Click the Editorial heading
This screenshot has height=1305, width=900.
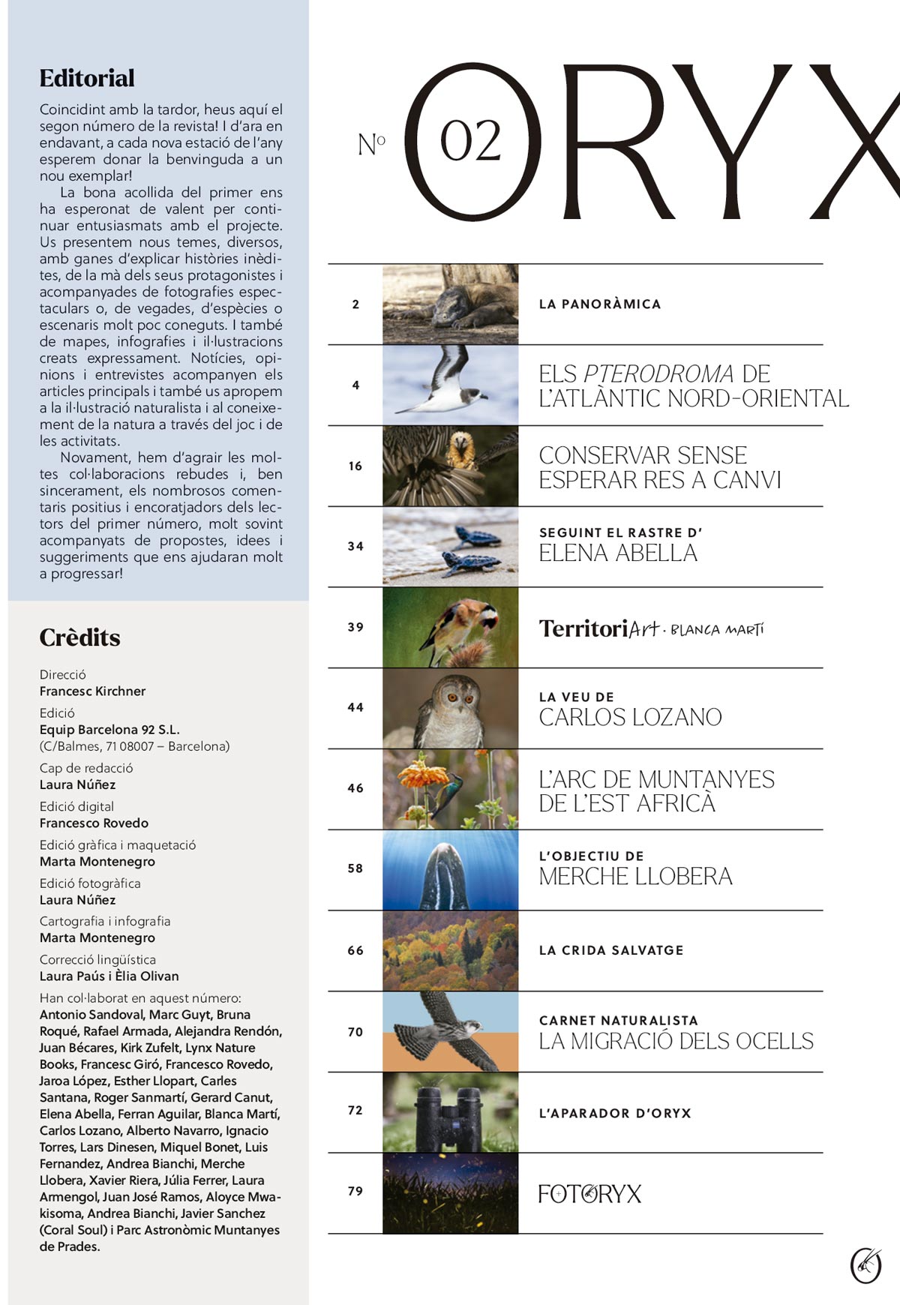(87, 78)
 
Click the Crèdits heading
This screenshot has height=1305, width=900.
(79, 637)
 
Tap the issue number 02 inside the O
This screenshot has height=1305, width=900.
(470, 141)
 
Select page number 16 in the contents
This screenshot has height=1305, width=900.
(355, 466)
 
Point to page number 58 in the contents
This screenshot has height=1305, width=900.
(355, 868)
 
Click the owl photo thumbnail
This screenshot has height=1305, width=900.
(450, 708)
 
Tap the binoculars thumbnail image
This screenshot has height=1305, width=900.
(450, 1112)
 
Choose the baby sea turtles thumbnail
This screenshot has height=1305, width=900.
(450, 547)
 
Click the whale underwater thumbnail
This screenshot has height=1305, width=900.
(450, 870)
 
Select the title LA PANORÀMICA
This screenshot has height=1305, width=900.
(600, 304)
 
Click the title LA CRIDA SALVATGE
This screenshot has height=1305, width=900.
(611, 950)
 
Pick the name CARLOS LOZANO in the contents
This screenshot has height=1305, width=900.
(630, 718)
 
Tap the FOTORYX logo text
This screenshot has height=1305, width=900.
(589, 1194)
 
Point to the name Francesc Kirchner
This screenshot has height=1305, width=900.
(92, 691)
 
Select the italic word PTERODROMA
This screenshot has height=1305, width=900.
(658, 373)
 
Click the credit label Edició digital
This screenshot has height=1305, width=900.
(76, 806)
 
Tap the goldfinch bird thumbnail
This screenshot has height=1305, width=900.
(450, 628)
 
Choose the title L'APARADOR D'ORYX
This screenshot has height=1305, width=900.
(615, 1114)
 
